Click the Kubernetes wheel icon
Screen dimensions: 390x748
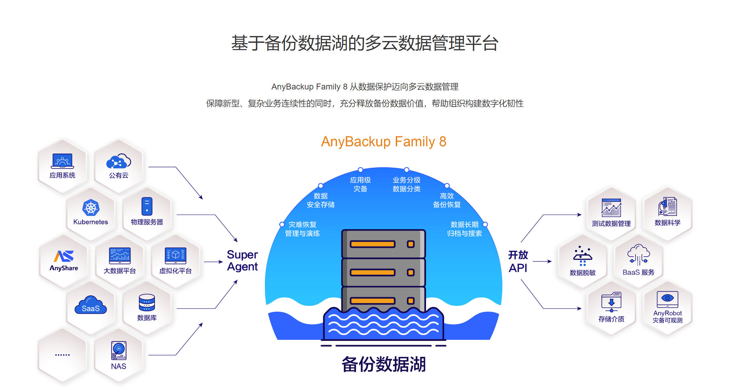click(91, 208)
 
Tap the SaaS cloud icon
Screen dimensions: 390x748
click(90, 306)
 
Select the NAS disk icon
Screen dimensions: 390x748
click(119, 350)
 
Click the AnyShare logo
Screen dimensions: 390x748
click(64, 257)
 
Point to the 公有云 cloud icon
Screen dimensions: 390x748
click(118, 162)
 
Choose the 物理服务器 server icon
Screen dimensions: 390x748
click(147, 206)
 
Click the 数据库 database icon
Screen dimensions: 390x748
click(147, 302)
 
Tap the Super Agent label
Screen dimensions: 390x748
click(242, 260)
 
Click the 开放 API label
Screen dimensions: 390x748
click(518, 261)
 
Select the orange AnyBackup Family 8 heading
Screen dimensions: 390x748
click(384, 142)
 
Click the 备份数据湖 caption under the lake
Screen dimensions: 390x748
click(384, 364)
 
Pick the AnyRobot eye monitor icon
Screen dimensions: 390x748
click(667, 299)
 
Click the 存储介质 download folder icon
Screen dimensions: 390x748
click(611, 302)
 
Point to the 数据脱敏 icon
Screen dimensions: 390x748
click(583, 256)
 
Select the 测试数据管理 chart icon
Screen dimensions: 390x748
click(611, 208)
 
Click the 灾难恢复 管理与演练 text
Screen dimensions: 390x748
click(302, 229)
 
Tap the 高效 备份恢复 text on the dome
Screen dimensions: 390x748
click(447, 200)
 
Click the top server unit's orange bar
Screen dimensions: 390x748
click(372, 244)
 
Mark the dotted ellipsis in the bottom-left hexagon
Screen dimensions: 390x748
click(62, 355)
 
